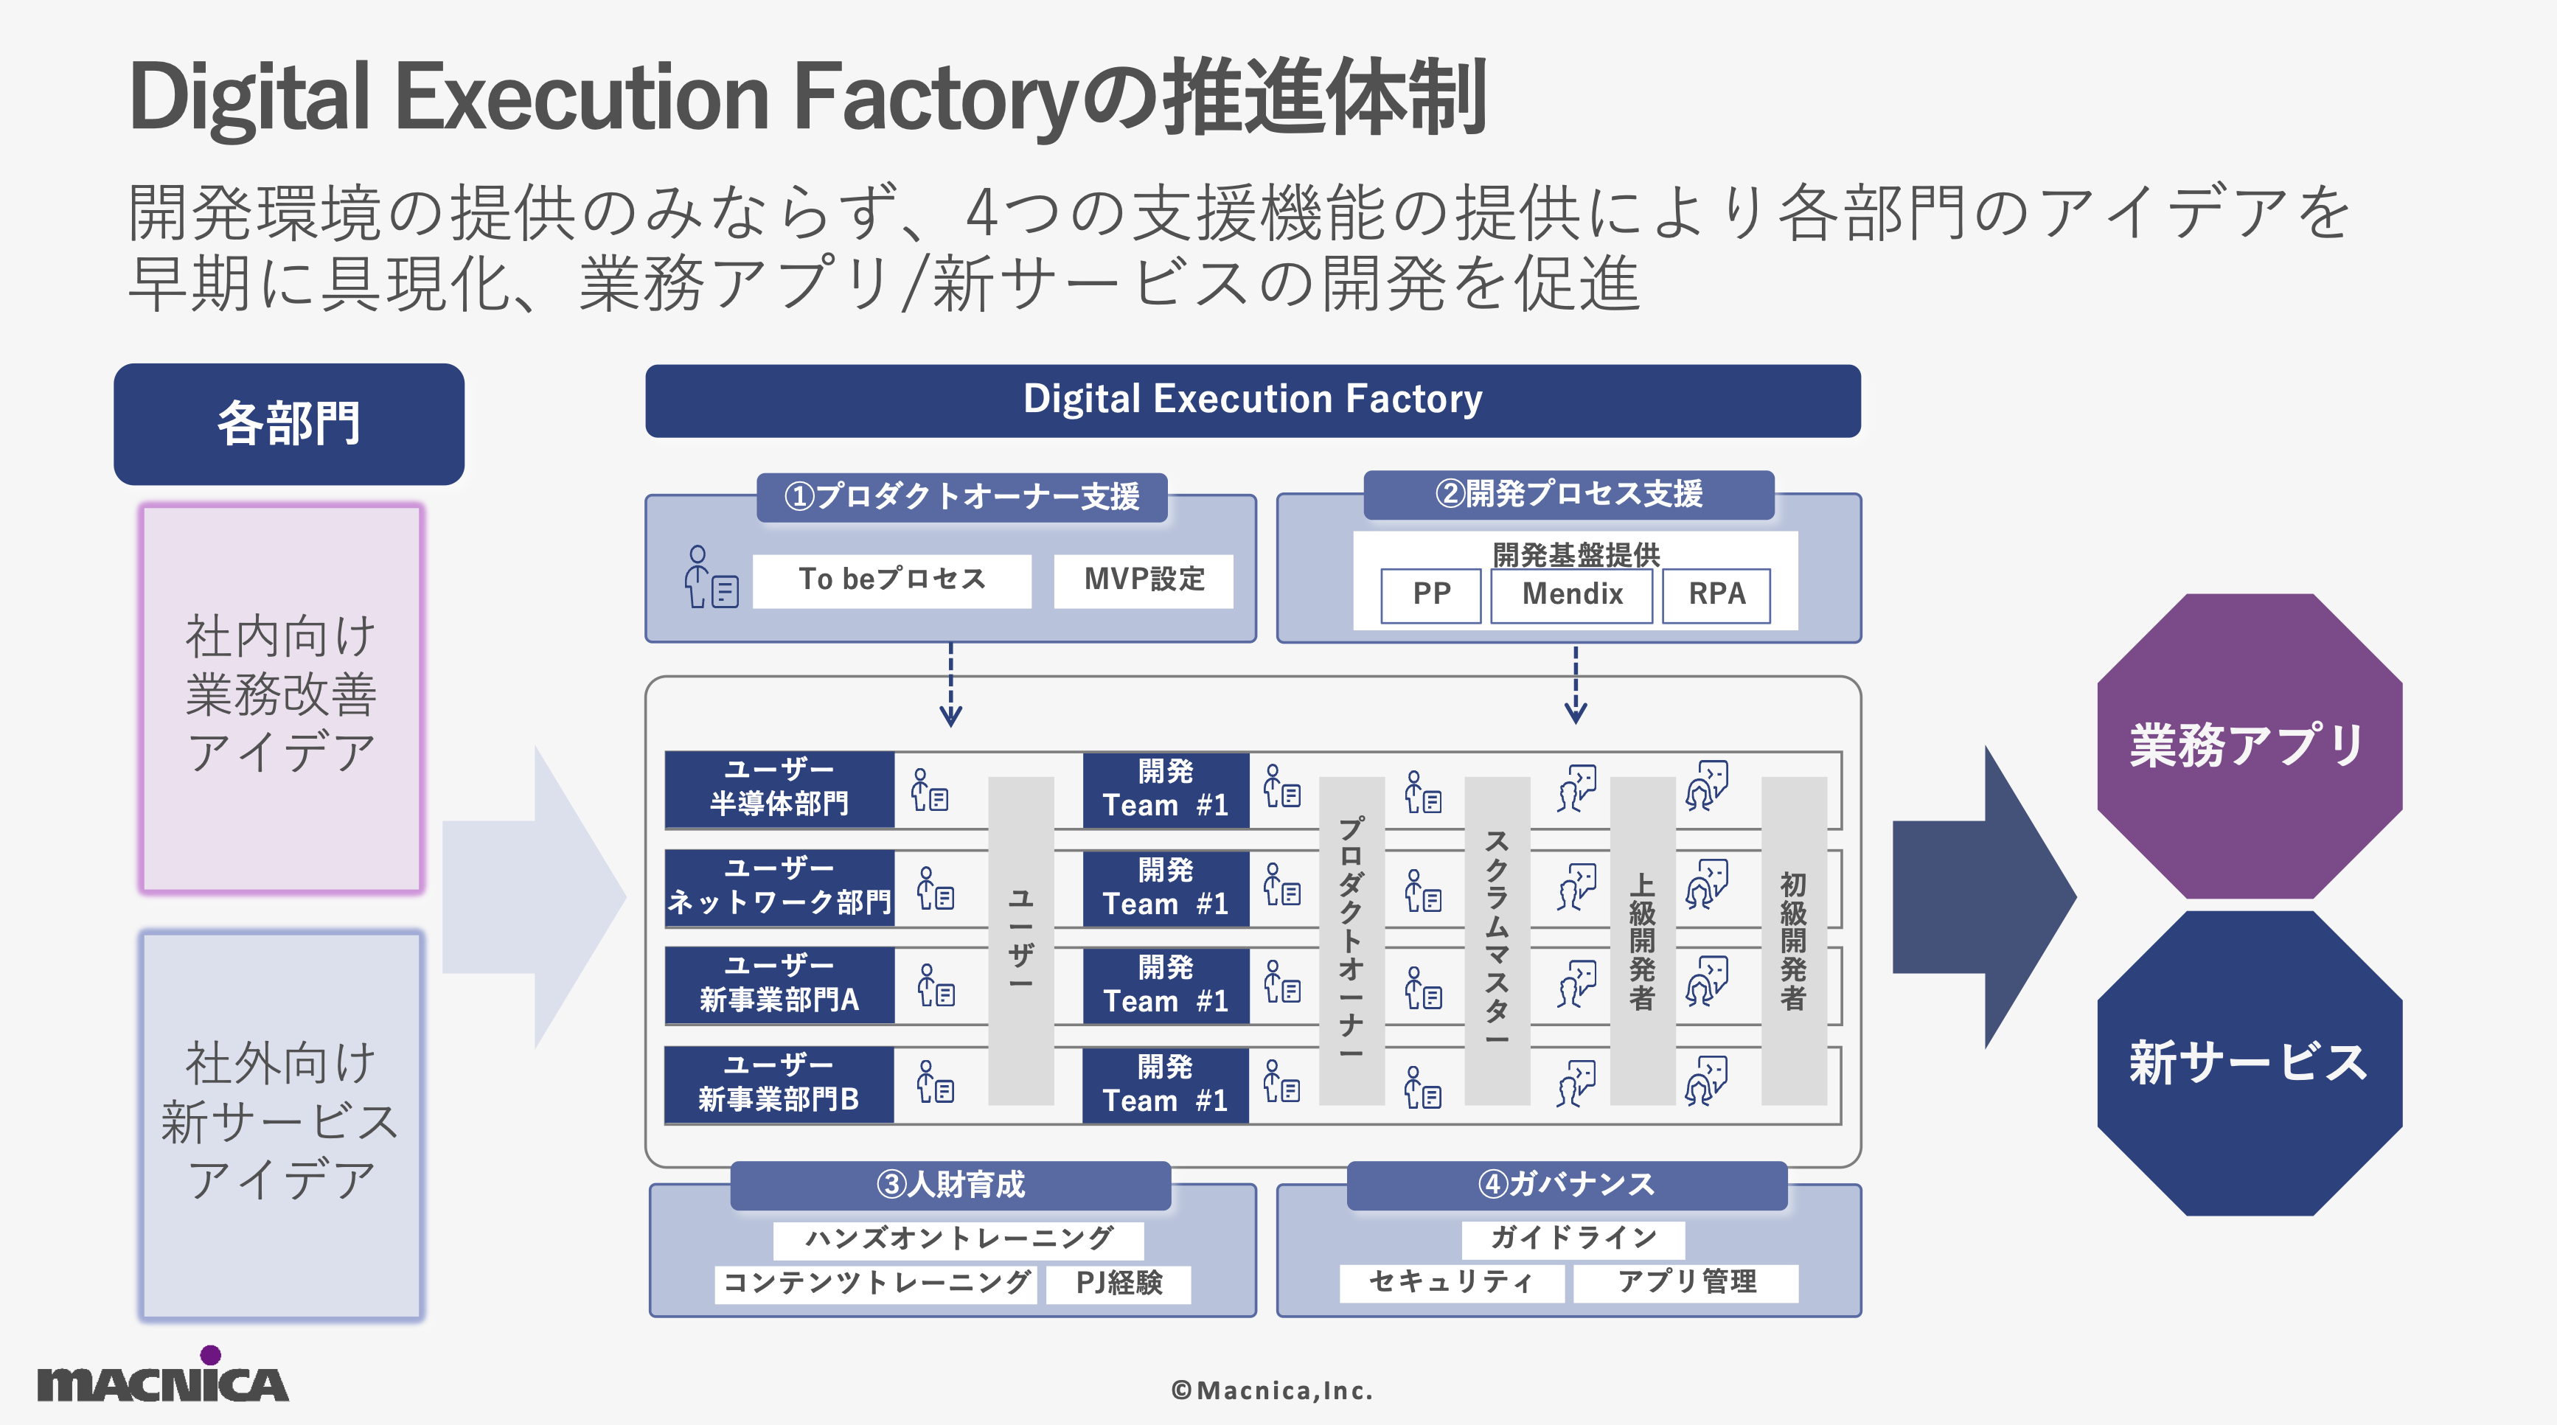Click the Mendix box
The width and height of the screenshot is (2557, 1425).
coord(1571,594)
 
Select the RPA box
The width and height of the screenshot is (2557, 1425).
coord(1716,594)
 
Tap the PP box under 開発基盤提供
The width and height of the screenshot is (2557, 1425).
coord(1430,594)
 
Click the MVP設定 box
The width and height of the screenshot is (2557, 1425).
coord(1144,579)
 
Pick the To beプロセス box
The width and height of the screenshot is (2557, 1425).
coord(891,579)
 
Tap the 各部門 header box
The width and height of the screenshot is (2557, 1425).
coord(289,424)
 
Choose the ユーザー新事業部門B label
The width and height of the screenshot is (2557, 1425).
coord(779,1084)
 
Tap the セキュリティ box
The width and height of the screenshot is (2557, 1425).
coord(1450,1282)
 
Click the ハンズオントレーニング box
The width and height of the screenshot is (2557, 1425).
coord(959,1238)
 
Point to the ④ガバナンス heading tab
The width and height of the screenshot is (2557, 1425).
coord(1566,1184)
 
